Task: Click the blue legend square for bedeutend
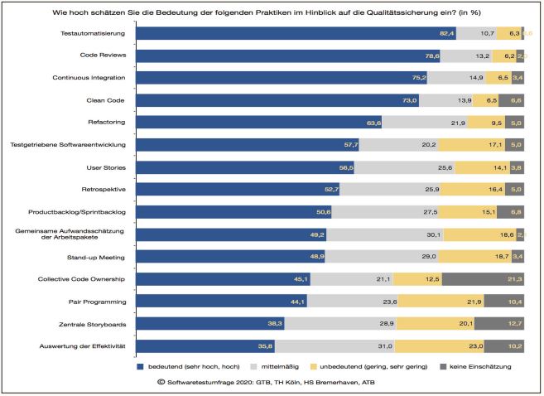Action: coord(140,365)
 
